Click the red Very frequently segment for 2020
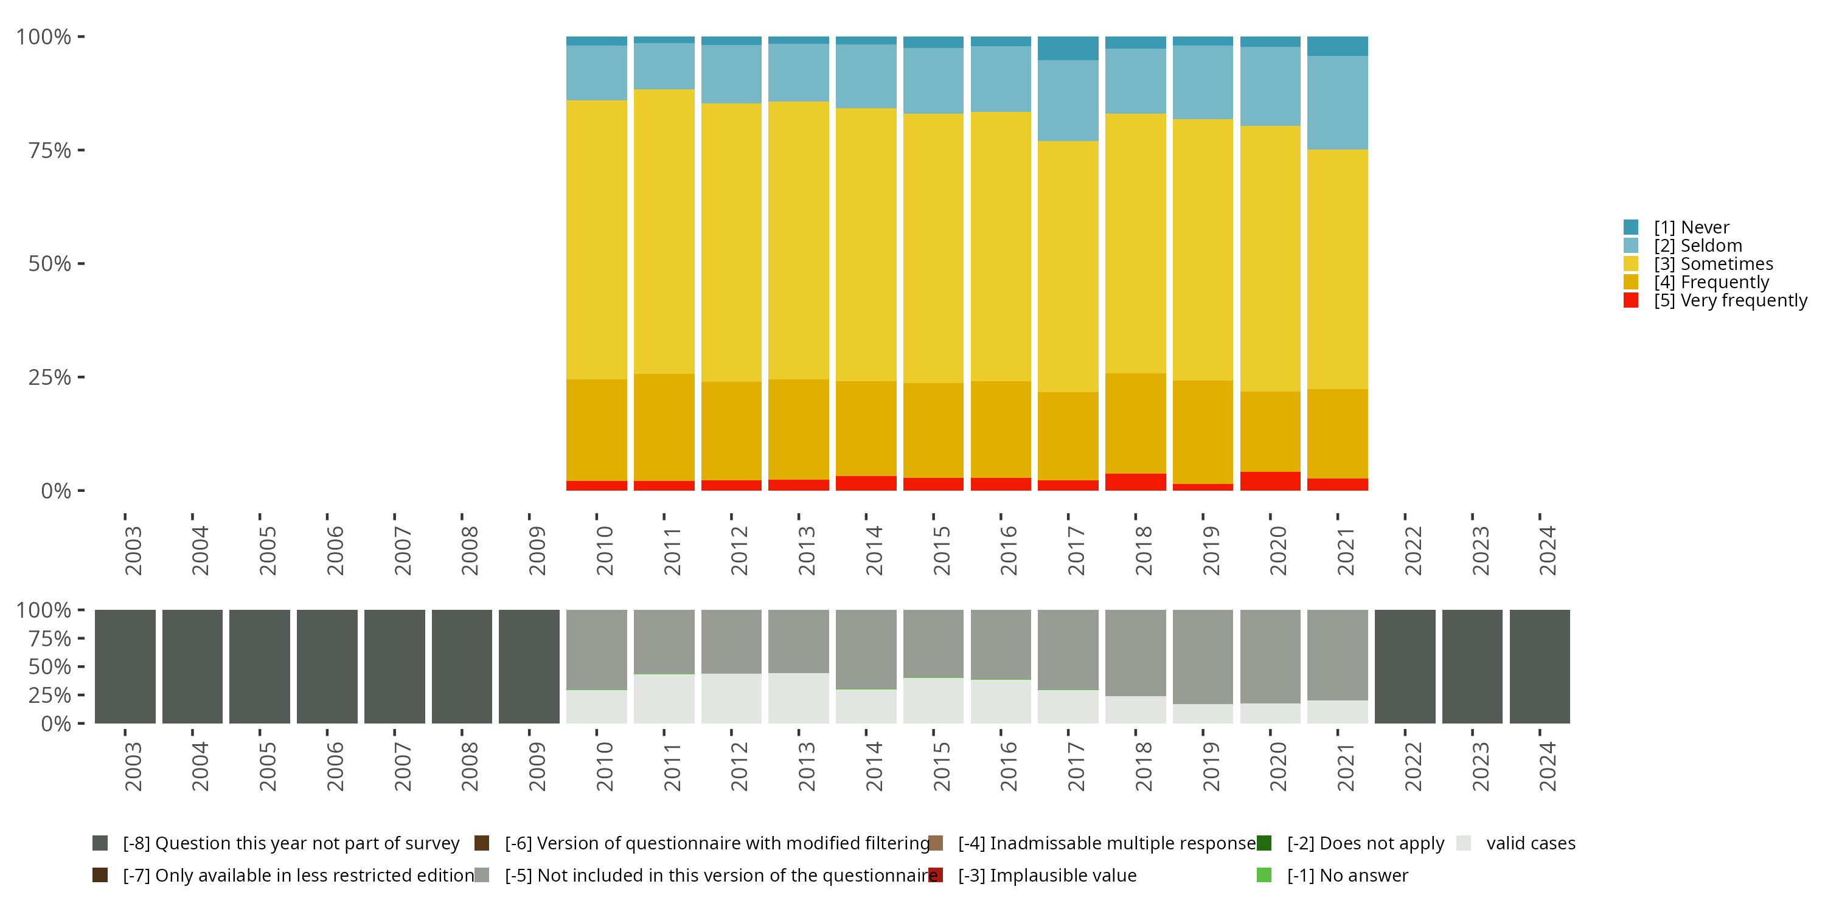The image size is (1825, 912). pos(1270,481)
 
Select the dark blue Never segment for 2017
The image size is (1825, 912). pos(1068,48)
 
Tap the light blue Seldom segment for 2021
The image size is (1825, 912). pos(1337,103)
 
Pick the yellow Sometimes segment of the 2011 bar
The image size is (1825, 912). pos(664,232)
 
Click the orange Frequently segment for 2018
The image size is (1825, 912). pos(1135,423)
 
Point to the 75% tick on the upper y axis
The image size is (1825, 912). pos(50,150)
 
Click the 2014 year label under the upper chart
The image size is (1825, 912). pos(874,550)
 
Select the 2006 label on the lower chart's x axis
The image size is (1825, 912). pos(335,766)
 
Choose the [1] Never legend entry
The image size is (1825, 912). pos(1691,227)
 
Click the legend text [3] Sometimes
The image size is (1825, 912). pos(1712,264)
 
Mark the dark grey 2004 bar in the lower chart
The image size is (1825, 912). pos(192,666)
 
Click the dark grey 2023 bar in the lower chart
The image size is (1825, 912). pos(1472,666)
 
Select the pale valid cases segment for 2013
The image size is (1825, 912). pos(798,698)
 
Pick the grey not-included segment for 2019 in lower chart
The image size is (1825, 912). pos(1202,657)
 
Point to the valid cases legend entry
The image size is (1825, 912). pos(1531,843)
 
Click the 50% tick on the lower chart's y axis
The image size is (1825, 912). pos(50,666)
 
